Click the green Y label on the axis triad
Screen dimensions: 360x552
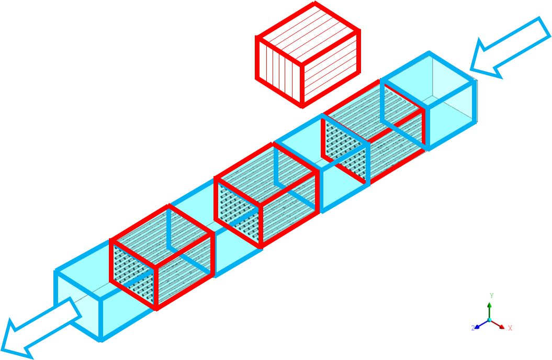[x=492, y=296]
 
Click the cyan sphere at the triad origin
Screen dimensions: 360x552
[x=490, y=319]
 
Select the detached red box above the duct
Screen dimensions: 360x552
[x=308, y=54]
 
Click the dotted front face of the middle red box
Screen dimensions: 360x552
[x=238, y=212]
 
